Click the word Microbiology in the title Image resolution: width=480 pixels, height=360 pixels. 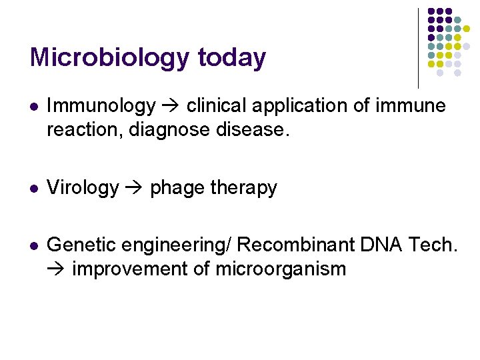(109, 58)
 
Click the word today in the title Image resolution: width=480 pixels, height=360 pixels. (231, 58)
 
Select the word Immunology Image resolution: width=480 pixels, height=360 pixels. (101, 106)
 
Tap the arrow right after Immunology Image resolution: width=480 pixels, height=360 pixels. (171, 106)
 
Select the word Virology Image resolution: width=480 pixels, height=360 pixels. (83, 188)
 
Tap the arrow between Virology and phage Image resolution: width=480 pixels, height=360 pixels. (134, 189)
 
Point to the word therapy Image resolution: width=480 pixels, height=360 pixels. (244, 189)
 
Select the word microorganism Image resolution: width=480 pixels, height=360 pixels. (281, 269)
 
